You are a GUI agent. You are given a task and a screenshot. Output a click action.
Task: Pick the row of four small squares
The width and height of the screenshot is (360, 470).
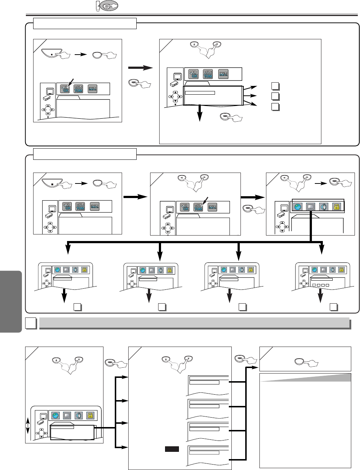pyautogui.click(x=320, y=285)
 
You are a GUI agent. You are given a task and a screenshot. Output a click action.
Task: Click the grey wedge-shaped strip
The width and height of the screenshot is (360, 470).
pyautogui.click(x=306, y=378)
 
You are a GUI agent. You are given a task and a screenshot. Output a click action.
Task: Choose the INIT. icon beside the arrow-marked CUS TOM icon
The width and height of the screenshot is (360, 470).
pyautogui.click(x=212, y=207)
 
